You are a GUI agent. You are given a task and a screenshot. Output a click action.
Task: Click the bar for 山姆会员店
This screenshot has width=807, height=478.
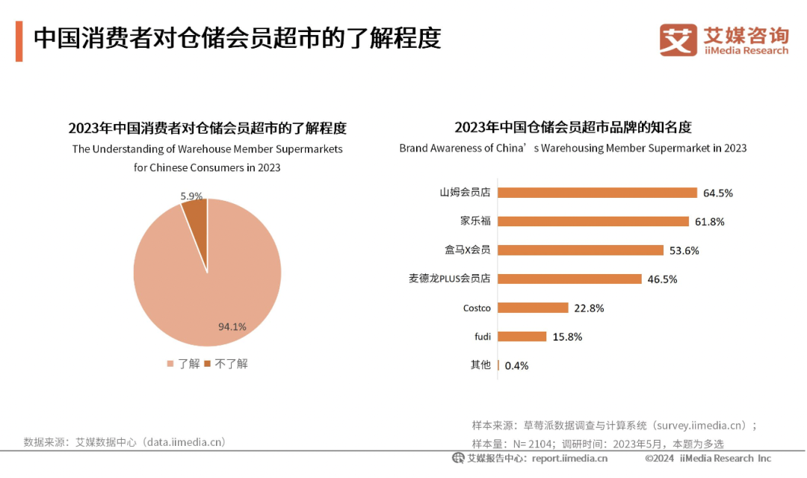(597, 193)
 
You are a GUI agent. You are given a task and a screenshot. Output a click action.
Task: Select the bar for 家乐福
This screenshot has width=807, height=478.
(593, 221)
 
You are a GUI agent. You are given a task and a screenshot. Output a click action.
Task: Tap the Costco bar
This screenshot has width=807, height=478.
(533, 308)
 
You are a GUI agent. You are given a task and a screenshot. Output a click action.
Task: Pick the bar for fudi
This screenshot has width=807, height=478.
(522, 336)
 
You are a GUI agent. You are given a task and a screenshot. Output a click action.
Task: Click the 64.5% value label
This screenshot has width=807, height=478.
(718, 193)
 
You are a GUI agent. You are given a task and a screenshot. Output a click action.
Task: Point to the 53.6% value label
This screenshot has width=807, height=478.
(684, 250)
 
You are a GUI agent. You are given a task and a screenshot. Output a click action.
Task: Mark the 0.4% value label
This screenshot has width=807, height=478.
(517, 365)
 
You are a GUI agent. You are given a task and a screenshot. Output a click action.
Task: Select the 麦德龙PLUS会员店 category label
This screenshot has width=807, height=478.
(450, 279)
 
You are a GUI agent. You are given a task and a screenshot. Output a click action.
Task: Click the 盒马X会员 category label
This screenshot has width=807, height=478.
(468, 250)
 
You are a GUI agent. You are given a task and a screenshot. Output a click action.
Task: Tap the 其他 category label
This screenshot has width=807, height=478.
(480, 364)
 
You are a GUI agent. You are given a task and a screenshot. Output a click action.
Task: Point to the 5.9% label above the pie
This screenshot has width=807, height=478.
(191, 196)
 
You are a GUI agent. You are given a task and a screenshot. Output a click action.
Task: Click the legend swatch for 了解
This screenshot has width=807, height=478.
(170, 364)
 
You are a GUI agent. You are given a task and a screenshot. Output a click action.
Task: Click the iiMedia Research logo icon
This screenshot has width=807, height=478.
(678, 40)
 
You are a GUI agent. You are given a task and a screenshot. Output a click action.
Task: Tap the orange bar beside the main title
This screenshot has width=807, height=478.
(19, 42)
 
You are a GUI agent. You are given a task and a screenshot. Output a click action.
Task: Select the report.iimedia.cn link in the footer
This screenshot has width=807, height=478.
(569, 458)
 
